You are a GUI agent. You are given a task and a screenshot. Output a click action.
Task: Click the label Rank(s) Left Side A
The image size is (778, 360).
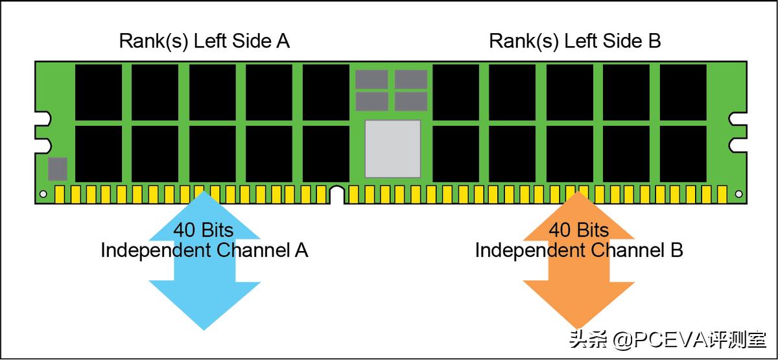point(204,41)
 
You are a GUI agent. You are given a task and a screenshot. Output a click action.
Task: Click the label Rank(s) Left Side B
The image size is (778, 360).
point(574,41)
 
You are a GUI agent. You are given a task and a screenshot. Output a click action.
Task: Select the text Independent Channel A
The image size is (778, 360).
point(204,250)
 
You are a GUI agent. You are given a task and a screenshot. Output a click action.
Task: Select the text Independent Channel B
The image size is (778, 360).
point(579,250)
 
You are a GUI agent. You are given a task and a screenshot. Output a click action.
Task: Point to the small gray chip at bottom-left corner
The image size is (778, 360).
point(58,169)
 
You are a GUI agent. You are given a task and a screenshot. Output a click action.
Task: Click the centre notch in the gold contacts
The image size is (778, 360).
point(336,195)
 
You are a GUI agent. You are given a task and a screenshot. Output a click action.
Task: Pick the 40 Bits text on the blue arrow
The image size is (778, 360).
point(203,230)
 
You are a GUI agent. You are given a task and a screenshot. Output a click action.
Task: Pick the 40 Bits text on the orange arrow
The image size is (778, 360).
point(579,230)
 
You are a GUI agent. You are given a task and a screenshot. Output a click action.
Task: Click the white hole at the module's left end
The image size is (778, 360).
point(43,193)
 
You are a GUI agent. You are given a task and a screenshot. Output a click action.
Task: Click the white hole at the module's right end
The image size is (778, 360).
point(738,193)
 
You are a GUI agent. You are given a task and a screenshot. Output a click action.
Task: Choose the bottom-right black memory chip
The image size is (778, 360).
point(683,154)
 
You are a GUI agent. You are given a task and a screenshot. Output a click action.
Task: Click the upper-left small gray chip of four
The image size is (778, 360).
point(371,79)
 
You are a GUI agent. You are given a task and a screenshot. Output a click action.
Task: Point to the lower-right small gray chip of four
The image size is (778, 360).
point(411,101)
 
